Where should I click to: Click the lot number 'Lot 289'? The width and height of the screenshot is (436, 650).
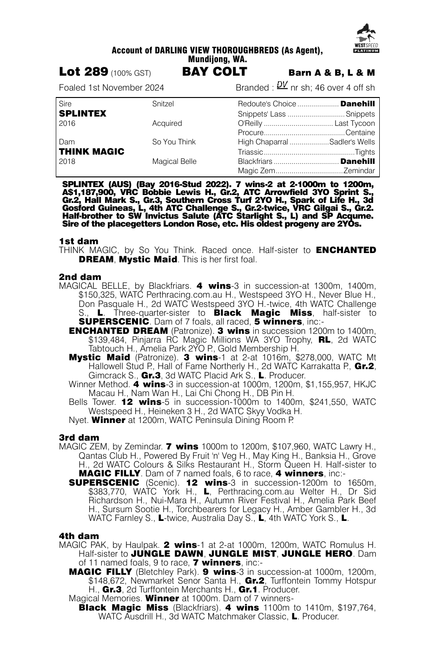click(84, 72)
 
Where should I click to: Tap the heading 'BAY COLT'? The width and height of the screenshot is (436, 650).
click(215, 72)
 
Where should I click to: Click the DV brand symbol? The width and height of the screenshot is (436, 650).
click(282, 85)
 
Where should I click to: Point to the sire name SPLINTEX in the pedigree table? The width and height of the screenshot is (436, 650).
click(83, 114)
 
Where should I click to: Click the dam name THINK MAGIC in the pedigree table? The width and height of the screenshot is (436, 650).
click(92, 152)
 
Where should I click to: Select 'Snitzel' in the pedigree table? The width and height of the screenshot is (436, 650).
click(163, 104)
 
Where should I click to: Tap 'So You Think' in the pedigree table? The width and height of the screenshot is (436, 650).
click(174, 142)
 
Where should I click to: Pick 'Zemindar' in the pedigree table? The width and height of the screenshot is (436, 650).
click(359, 171)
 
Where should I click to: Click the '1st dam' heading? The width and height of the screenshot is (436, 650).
click(79, 241)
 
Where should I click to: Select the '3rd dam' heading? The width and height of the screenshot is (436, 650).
click(79, 437)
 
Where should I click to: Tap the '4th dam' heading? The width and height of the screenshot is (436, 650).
click(79, 536)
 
